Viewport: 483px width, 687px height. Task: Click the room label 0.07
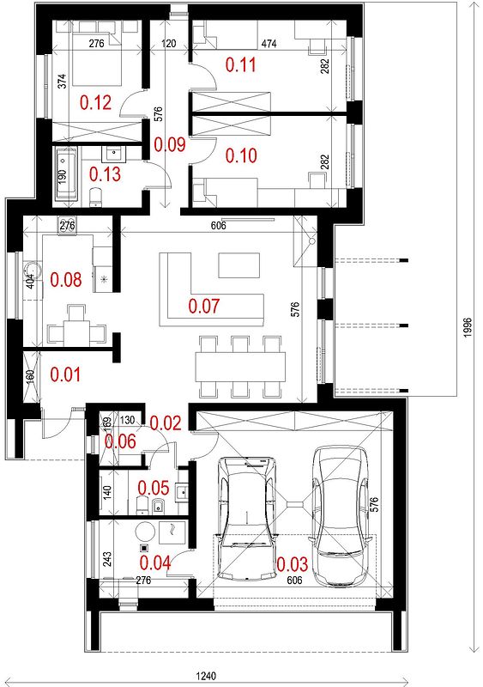coord(203,307)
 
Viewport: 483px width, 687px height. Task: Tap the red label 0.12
coord(95,102)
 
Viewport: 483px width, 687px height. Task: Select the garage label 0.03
coord(292,564)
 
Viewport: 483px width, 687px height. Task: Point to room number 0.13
coord(106,174)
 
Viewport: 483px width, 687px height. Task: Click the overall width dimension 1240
coord(205,676)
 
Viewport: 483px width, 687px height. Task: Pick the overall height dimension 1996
coord(468,327)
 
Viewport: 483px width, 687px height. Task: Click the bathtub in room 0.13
coord(66,174)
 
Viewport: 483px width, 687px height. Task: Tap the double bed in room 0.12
coord(96,53)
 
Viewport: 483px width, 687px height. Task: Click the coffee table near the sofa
coord(238,265)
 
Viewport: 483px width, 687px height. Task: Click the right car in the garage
coord(341,516)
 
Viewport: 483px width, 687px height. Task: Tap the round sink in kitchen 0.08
coord(31,271)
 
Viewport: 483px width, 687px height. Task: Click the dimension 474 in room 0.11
coord(269,44)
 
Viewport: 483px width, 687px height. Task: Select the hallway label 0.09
coord(170,144)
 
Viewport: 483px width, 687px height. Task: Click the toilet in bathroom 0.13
coord(95,197)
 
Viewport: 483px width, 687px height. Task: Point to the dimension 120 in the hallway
coord(168,44)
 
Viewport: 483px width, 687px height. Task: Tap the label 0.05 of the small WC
coord(154,488)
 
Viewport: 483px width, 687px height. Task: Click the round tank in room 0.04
coord(145,532)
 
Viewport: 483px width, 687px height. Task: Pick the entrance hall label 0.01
coord(66,375)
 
